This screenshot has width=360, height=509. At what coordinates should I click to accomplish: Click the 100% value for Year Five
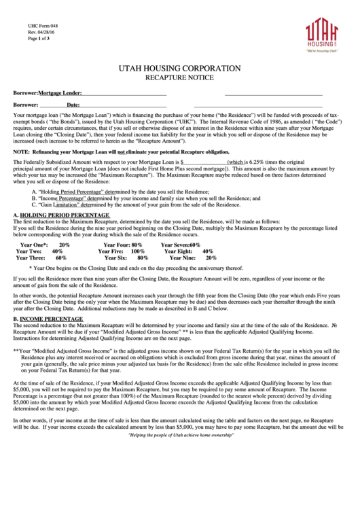click(138, 251)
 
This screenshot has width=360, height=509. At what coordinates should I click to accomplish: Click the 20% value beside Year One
click(65, 244)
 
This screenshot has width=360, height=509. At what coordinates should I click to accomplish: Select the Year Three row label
click(31, 258)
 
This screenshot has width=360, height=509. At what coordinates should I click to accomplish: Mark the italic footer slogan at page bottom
click(179, 491)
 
